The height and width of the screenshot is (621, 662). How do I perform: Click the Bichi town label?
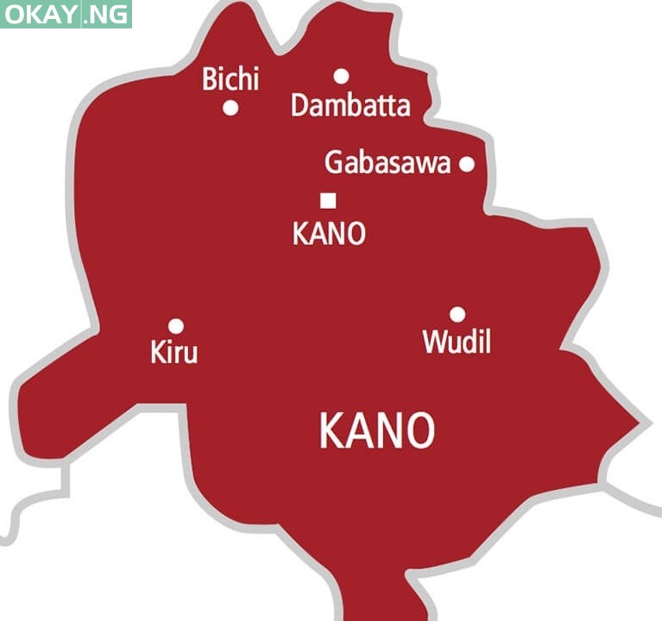click(x=230, y=80)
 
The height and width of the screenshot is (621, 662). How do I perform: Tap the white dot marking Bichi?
click(x=230, y=108)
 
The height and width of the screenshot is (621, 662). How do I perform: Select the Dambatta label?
click(x=350, y=106)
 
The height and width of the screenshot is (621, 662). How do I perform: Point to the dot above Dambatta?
click(x=341, y=76)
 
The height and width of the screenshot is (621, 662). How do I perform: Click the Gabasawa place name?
click(x=388, y=162)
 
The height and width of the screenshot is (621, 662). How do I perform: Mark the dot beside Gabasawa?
click(x=466, y=164)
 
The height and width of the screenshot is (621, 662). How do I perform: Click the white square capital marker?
click(x=328, y=201)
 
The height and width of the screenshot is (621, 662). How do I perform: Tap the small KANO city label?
click(x=329, y=233)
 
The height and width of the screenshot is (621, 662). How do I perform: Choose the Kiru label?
click(x=173, y=352)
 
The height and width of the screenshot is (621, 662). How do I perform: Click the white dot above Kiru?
click(x=175, y=326)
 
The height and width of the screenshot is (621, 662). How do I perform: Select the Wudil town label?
click(x=457, y=342)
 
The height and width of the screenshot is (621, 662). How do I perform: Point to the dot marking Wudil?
click(x=457, y=315)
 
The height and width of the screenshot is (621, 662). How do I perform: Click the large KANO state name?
click(x=377, y=430)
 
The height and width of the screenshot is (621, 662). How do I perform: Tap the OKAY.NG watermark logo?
click(x=66, y=14)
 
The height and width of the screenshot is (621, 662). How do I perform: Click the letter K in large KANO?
click(x=332, y=430)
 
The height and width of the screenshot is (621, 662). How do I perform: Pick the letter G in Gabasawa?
click(x=335, y=162)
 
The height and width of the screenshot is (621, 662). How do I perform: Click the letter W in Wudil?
click(x=434, y=342)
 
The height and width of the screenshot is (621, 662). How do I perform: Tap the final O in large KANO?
click(x=419, y=430)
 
